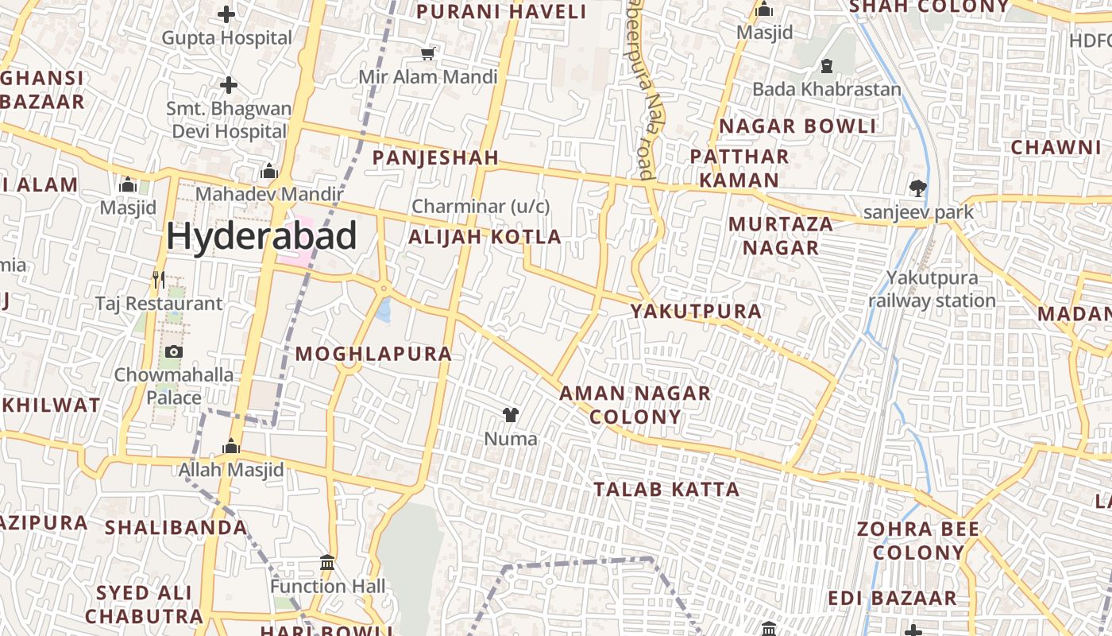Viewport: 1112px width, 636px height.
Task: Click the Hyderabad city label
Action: (x=261, y=237)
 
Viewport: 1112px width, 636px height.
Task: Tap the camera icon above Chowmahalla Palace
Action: (x=173, y=351)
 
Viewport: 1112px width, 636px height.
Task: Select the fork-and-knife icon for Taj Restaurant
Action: (x=159, y=279)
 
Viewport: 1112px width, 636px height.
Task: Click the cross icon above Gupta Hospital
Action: (x=226, y=14)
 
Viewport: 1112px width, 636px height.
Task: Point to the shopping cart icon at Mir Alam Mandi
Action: (x=428, y=53)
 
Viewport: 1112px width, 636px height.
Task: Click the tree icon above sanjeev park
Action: (x=918, y=188)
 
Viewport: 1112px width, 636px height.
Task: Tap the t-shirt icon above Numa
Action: (x=510, y=414)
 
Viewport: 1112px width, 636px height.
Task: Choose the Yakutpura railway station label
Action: (x=932, y=289)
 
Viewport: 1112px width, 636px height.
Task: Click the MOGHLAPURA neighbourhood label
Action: (x=373, y=355)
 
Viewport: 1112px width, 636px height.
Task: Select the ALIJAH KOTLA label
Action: (x=485, y=237)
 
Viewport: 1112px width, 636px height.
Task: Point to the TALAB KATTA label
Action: (x=666, y=490)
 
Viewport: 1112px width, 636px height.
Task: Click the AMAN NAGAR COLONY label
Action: (x=635, y=405)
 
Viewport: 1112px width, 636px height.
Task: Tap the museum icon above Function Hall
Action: (x=326, y=563)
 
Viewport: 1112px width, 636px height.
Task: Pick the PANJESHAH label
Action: (x=435, y=157)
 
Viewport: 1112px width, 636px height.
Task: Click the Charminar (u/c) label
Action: (x=481, y=207)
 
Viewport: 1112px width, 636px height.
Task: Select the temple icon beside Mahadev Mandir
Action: (x=268, y=171)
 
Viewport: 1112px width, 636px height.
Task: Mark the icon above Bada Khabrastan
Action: (x=826, y=65)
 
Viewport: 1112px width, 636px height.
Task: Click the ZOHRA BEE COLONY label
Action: (x=917, y=541)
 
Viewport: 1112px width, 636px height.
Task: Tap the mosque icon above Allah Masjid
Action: (x=231, y=446)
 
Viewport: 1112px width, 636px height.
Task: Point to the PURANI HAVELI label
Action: (x=501, y=12)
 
